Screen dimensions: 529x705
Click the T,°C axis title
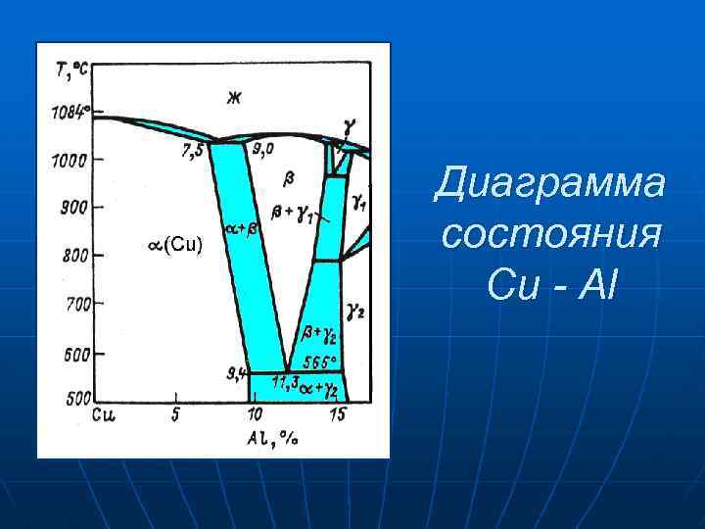coord(72,68)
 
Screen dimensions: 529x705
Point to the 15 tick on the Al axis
coord(337,414)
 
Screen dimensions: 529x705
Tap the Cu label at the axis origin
coord(104,414)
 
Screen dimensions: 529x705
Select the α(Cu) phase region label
coord(175,244)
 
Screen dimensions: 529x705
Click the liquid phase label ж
coord(233,96)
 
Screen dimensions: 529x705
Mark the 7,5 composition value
coord(194,151)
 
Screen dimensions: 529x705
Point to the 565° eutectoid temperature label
coord(322,361)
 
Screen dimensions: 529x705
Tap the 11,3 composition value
coord(285,381)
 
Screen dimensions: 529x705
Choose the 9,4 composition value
coord(236,372)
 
